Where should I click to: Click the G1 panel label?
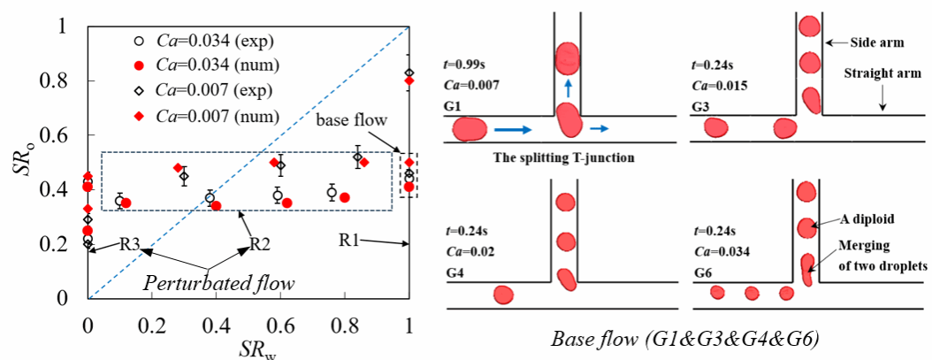pyautogui.click(x=454, y=103)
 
